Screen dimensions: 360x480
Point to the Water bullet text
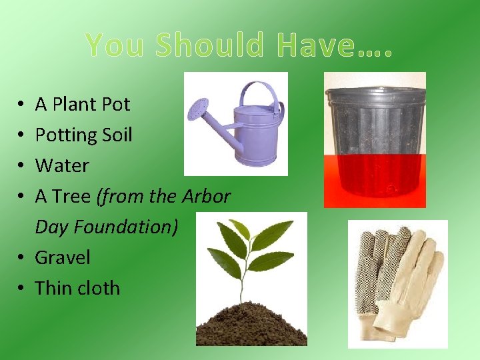point(62,165)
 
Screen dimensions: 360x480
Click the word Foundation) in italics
point(126,227)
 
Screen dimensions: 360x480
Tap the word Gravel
point(62,257)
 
